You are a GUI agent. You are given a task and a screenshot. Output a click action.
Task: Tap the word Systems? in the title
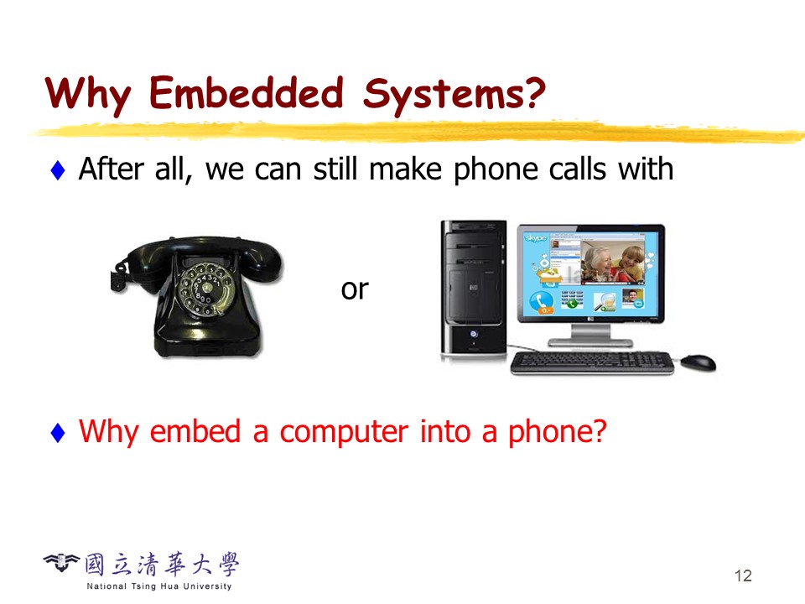pyautogui.click(x=454, y=94)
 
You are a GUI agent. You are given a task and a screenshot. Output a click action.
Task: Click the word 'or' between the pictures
pyautogui.click(x=355, y=289)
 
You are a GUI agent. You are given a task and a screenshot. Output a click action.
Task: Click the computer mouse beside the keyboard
pyautogui.click(x=699, y=362)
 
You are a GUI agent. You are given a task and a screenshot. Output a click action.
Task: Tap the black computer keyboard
pyautogui.click(x=592, y=362)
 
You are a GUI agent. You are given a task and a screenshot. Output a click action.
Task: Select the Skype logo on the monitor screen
pyautogui.click(x=536, y=238)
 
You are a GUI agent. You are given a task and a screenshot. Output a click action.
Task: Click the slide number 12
pyautogui.click(x=743, y=575)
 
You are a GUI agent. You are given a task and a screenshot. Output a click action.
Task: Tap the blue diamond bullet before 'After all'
pyautogui.click(x=58, y=170)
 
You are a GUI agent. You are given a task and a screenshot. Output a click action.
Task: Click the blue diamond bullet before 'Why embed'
pyautogui.click(x=58, y=432)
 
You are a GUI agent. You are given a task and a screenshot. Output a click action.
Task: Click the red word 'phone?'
pyautogui.click(x=558, y=432)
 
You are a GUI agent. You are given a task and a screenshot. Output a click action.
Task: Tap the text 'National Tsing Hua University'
pyautogui.click(x=159, y=586)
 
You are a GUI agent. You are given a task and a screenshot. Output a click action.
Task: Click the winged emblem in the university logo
pyautogui.click(x=61, y=562)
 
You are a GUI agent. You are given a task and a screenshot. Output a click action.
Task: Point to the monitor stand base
pyautogui.click(x=590, y=342)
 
